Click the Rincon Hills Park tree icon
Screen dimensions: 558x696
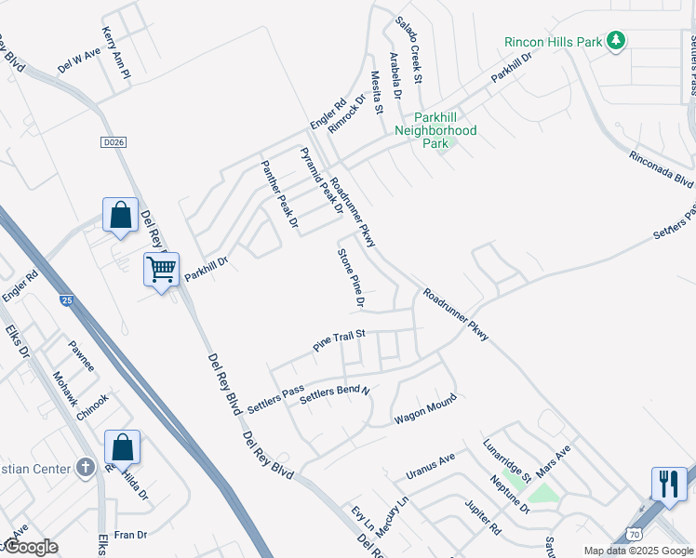tap(615, 41)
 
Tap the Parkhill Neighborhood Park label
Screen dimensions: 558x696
tap(445, 130)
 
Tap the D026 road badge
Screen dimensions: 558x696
tap(111, 141)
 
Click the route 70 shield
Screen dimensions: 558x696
tap(633, 535)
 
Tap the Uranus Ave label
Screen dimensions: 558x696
tap(430, 467)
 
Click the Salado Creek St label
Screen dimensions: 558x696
tap(408, 49)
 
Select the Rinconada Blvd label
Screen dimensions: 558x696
tap(662, 168)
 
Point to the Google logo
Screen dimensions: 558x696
tap(32, 547)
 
